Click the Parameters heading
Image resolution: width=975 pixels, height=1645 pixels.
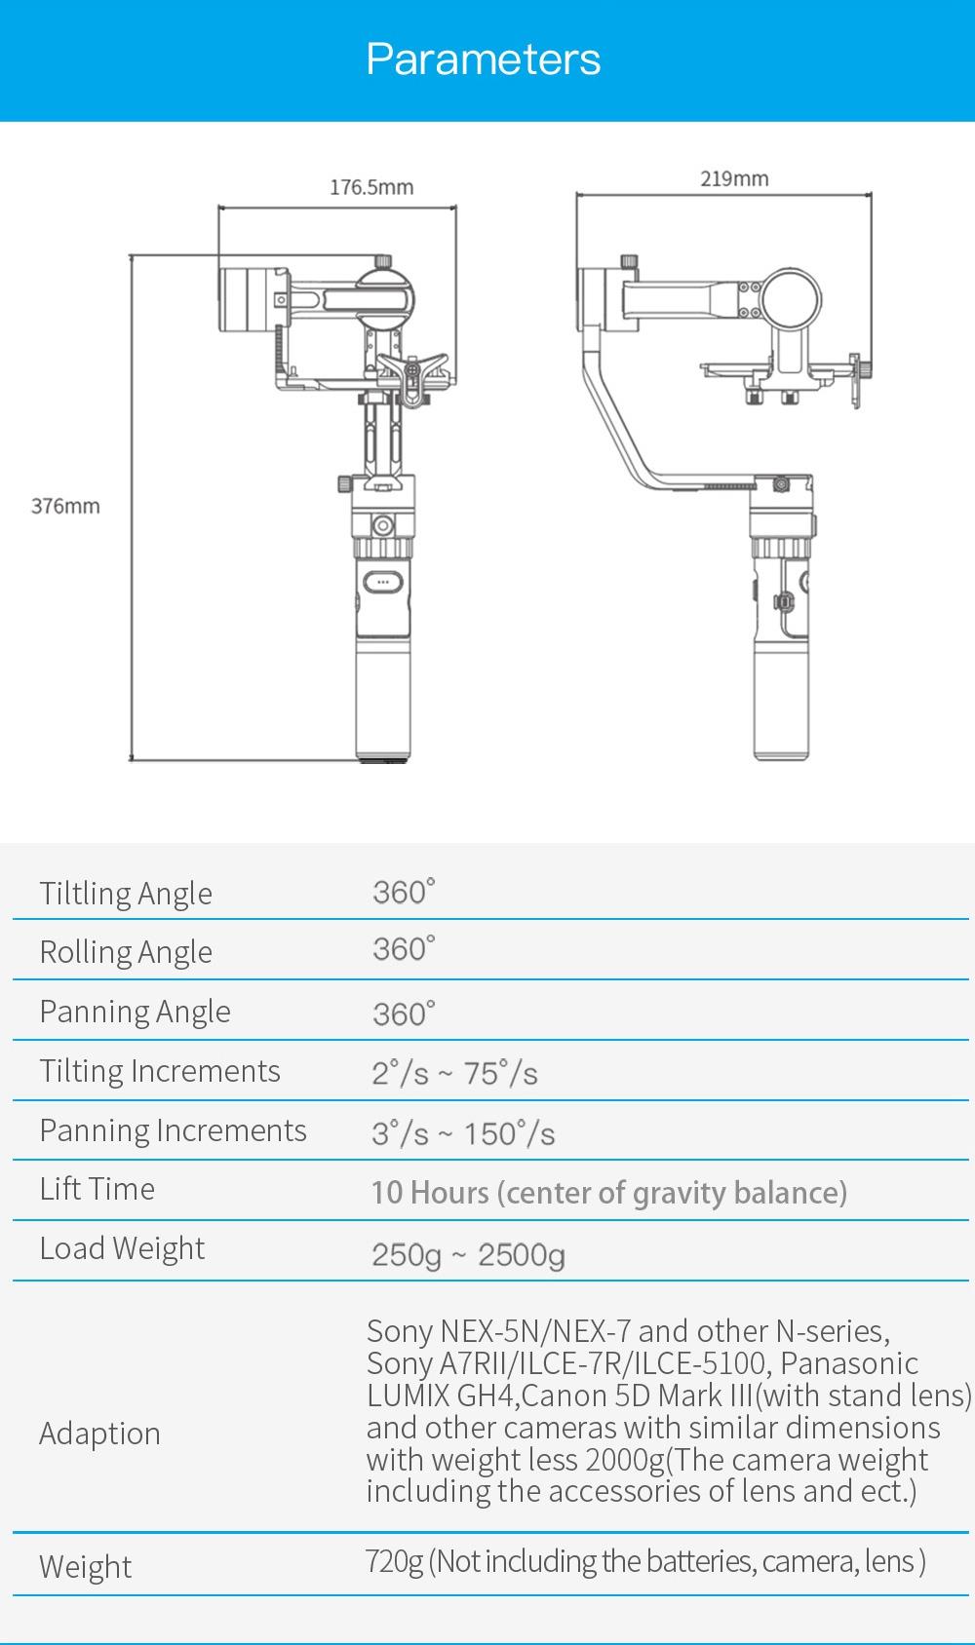[484, 59]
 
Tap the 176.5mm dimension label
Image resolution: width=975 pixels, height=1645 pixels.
[370, 187]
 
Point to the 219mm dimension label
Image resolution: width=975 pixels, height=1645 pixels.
[734, 178]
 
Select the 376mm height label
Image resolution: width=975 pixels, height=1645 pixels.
[65, 506]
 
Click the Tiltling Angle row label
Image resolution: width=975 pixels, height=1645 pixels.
[126, 894]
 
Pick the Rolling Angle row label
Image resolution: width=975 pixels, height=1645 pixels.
[126, 952]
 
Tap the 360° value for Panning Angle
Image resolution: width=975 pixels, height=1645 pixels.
[404, 1014]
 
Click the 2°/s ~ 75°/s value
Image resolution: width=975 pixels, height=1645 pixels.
[454, 1073]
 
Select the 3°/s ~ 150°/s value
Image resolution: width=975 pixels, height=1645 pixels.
[463, 1133]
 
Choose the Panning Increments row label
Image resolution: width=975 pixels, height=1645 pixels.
[173, 1130]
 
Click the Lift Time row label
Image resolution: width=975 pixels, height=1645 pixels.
[97, 1189]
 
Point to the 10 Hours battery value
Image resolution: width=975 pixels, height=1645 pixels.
[608, 1192]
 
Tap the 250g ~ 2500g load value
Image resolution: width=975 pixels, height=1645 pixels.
[468, 1254]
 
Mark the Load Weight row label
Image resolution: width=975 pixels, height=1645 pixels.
[122, 1248]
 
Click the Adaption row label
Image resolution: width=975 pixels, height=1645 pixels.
[99, 1434]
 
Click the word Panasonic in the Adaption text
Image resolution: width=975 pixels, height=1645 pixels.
[849, 1363]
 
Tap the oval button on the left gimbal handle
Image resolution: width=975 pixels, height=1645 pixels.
[382, 583]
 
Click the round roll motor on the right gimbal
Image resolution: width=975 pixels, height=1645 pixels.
[792, 299]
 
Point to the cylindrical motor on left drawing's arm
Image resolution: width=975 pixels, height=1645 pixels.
[249, 299]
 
